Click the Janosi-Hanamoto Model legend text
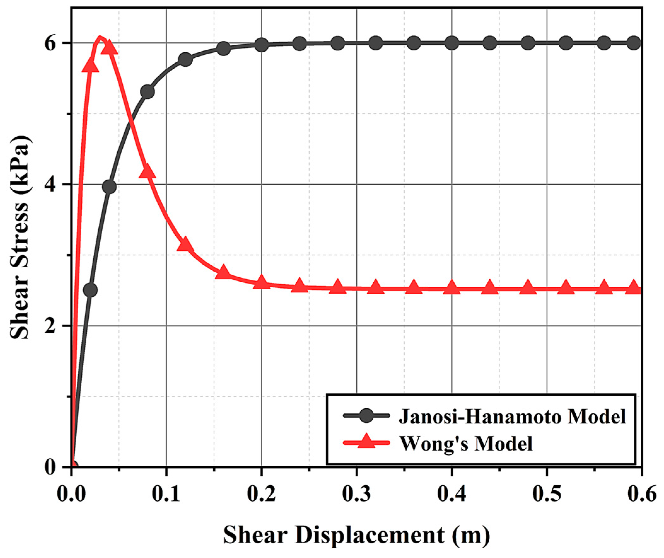click(x=512, y=417)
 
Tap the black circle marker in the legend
click(x=366, y=416)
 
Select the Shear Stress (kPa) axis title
click(x=20, y=237)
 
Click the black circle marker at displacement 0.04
click(x=109, y=187)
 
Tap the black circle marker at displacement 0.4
click(x=451, y=43)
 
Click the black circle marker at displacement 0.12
click(x=185, y=59)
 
